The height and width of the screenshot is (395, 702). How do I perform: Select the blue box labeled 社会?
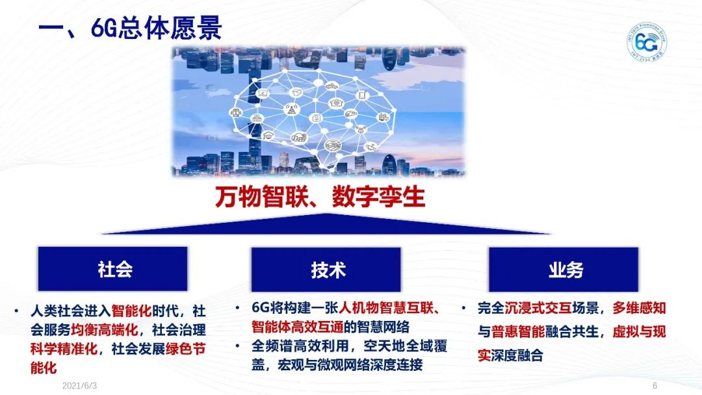click(x=112, y=269)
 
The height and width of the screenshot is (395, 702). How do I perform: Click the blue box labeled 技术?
click(x=328, y=269)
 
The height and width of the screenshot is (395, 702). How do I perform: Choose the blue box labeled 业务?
click(x=565, y=269)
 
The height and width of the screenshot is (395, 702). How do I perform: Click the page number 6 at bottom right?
click(x=655, y=386)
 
